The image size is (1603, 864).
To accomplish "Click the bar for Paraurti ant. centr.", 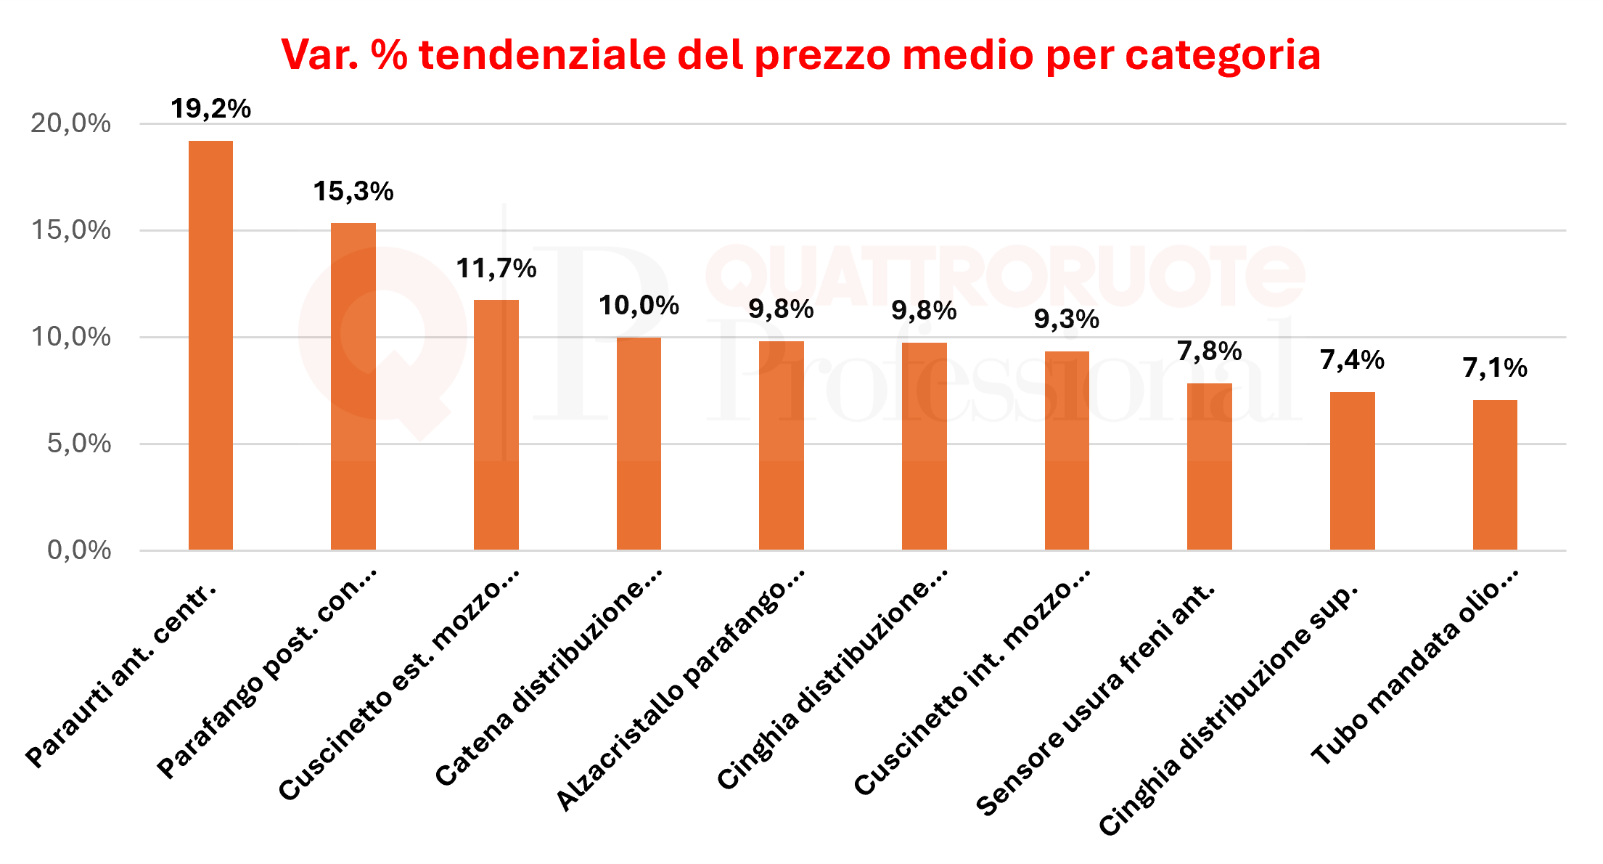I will point(210,345).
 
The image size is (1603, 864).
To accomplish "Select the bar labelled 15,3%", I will point(353,386).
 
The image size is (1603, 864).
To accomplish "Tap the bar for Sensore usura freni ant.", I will point(1209,466).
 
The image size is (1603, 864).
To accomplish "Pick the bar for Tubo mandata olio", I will point(1495,475).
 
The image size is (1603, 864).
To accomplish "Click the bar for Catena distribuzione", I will point(639,443).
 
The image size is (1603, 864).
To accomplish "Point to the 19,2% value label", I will point(210,109).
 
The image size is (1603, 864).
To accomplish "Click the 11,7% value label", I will point(496,269).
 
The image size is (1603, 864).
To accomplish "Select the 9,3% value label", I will point(1066,319).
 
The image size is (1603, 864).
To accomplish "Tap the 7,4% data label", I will point(1352,359).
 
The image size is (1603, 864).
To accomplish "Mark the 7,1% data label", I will point(1495,368).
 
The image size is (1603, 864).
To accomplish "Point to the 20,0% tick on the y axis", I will point(70,123).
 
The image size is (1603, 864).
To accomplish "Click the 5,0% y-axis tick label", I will point(79,444).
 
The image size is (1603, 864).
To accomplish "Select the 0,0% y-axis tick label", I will point(79,550).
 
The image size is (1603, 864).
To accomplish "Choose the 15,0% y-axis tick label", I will point(70,230).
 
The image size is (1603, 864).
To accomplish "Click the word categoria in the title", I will point(1223,55).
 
